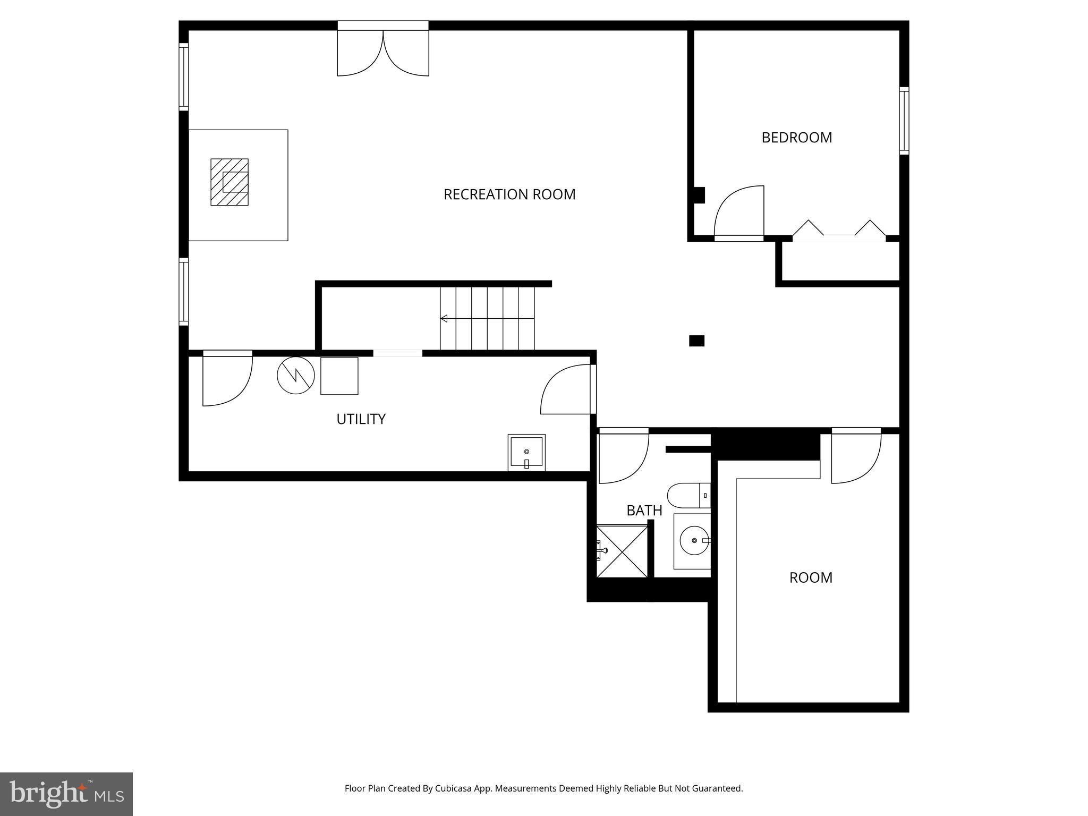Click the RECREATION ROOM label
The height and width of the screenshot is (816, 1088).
tap(509, 194)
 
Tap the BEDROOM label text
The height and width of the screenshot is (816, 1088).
tap(796, 138)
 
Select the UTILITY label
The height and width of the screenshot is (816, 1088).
tap(361, 419)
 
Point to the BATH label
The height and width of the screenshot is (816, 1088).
tap(644, 511)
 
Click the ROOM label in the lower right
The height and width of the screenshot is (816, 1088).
tap(810, 577)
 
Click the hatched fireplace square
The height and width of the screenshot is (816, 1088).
tap(229, 182)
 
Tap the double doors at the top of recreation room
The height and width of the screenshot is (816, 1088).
tap(383, 53)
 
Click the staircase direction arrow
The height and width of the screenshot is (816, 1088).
tap(444, 319)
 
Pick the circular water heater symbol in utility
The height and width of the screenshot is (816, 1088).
tap(295, 375)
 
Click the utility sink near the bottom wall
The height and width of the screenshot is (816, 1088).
tap(526, 452)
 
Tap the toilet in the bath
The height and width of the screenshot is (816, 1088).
tap(688, 495)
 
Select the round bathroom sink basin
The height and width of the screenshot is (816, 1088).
tap(694, 540)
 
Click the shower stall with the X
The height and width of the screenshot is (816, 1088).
tap(622, 551)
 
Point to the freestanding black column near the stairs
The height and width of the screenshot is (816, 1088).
tap(696, 341)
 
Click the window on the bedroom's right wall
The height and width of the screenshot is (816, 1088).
tap(904, 121)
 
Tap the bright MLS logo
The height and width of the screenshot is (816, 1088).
tap(66, 794)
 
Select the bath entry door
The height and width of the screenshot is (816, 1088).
tap(623, 457)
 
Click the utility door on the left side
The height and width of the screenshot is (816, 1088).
tap(226, 380)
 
